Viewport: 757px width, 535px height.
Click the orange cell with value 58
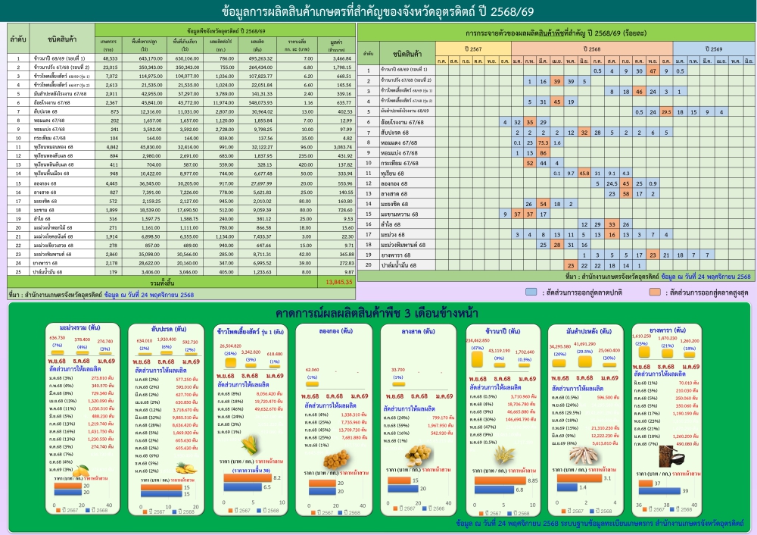point(625,193)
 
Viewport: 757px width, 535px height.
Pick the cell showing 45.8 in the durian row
point(584,173)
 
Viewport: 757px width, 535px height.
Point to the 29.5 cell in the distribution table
point(665,111)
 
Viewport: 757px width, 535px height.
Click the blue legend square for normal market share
point(531,291)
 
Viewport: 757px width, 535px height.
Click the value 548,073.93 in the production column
point(259,102)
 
